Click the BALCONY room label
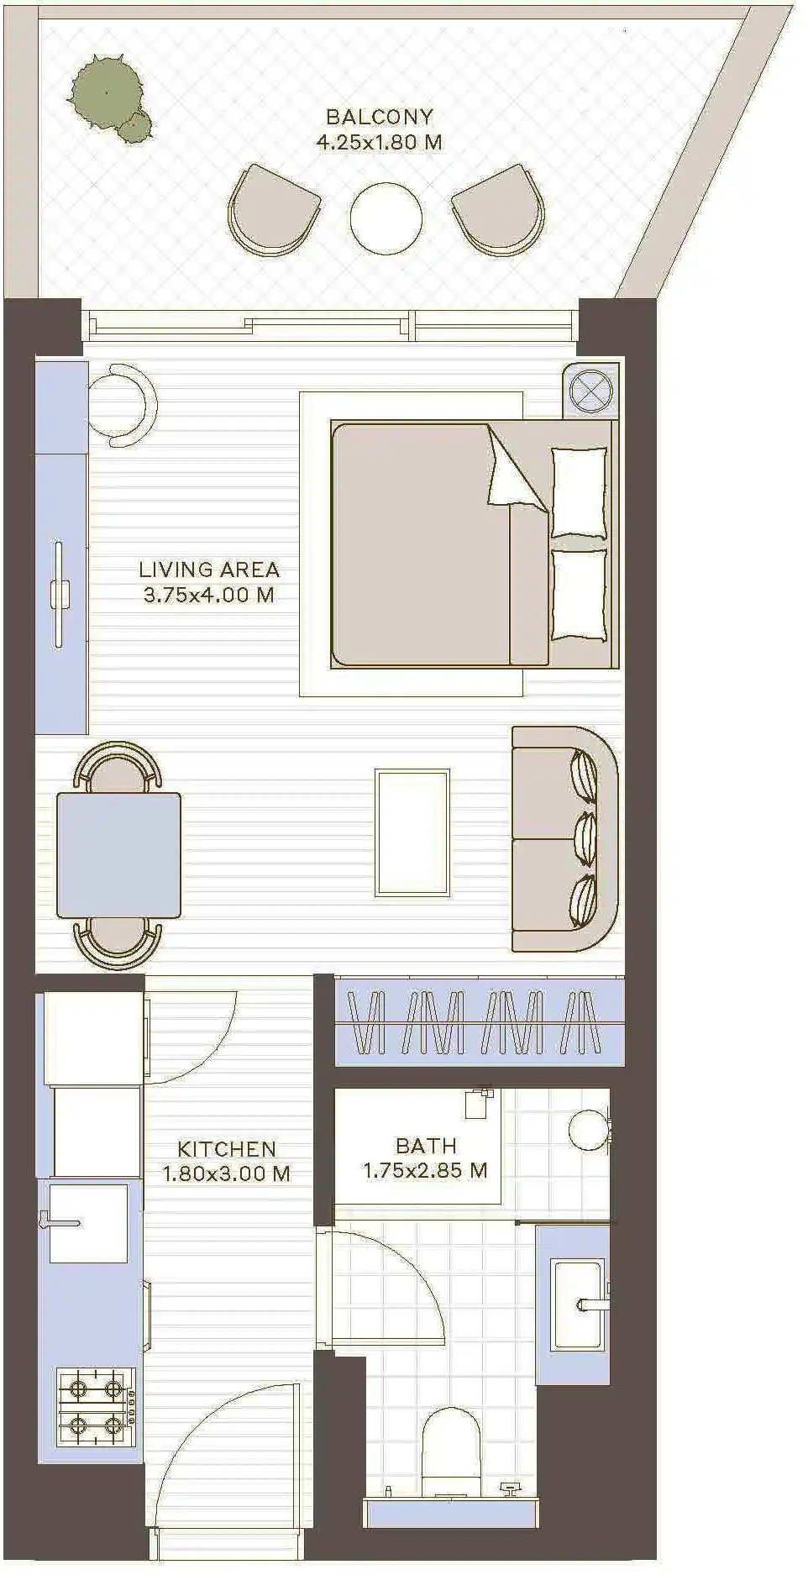coord(380,117)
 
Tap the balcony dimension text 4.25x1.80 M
coord(379,142)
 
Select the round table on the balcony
coord(386,218)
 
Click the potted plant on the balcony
coord(109,96)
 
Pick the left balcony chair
coord(273,210)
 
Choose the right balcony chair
coord(499,210)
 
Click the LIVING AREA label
coord(209,570)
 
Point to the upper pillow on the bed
coord(579,493)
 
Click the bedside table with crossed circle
coord(591,391)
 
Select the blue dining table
coord(118,855)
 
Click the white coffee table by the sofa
coord(412,832)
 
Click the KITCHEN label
coord(227,1148)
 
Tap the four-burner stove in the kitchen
coord(95,1408)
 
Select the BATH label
coord(426,1145)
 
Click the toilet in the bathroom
coord(451,1455)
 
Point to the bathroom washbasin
coord(578,1305)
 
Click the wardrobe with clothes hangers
coord(480,1021)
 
